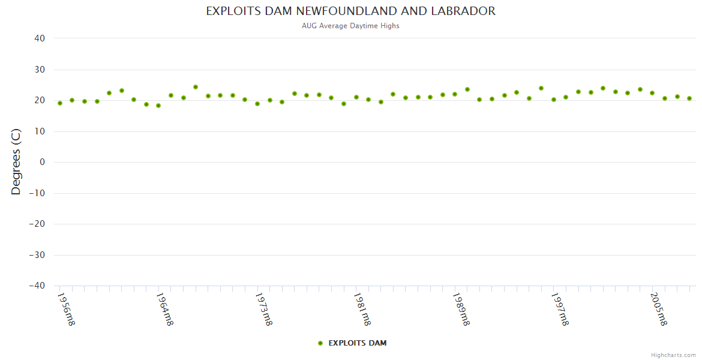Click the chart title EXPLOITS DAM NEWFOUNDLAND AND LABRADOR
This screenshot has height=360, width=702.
[351, 11]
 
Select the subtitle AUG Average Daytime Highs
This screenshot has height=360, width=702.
[351, 26]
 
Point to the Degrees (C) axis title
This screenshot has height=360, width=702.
[16, 162]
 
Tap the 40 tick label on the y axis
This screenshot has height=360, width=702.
[40, 38]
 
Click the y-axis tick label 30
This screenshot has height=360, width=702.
[40, 70]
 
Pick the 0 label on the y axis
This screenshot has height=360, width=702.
[43, 162]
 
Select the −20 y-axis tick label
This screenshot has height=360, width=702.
[37, 224]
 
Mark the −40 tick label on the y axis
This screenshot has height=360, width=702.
[37, 286]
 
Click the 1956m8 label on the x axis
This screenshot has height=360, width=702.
[66, 309]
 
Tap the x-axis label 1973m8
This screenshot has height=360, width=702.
[263, 309]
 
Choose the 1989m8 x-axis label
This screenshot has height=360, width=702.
[461, 309]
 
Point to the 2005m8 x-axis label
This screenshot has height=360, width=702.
[659, 309]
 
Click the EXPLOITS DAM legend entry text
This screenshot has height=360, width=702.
[358, 343]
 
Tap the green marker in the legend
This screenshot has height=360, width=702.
[320, 343]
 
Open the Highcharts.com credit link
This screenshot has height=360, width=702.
[673, 355]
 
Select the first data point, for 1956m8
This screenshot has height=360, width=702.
[60, 103]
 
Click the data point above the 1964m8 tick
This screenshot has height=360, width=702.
[158, 106]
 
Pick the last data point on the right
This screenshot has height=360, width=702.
[689, 98]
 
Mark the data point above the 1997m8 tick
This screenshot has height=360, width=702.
[554, 100]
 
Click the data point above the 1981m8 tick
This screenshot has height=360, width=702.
[356, 97]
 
